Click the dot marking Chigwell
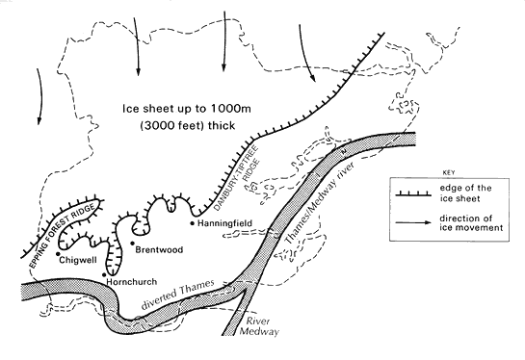[59, 256]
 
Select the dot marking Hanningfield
[193, 222]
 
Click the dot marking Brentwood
[131, 244]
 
